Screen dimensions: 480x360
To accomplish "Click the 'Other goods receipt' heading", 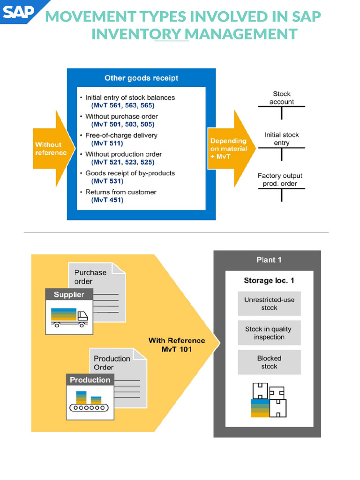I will (141, 78).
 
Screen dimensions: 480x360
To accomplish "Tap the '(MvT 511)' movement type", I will (107, 143).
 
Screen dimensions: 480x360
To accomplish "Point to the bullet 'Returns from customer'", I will (120, 192).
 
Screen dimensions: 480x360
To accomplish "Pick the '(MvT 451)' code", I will (107, 200).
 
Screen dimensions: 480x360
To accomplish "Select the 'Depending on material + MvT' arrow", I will (228, 147).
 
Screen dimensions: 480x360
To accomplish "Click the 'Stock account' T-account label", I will (282, 98).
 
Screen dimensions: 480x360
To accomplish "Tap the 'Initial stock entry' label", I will (282, 139).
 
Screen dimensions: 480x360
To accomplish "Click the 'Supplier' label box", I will (69, 295).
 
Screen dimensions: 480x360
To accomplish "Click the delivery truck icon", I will (69, 317).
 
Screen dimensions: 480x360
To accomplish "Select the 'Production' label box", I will (90, 380).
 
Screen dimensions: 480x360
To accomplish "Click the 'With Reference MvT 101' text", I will (177, 345).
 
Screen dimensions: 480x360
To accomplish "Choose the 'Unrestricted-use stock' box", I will (269, 304).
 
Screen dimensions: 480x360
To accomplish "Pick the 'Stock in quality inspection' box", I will (269, 333).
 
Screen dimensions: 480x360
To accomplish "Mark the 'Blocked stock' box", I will (269, 362).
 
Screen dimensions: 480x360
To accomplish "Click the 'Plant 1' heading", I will (269, 260).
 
